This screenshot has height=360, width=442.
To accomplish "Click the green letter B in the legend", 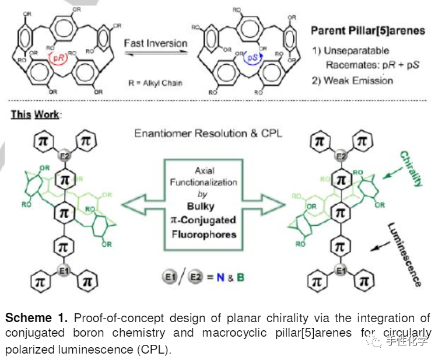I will (240, 277).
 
